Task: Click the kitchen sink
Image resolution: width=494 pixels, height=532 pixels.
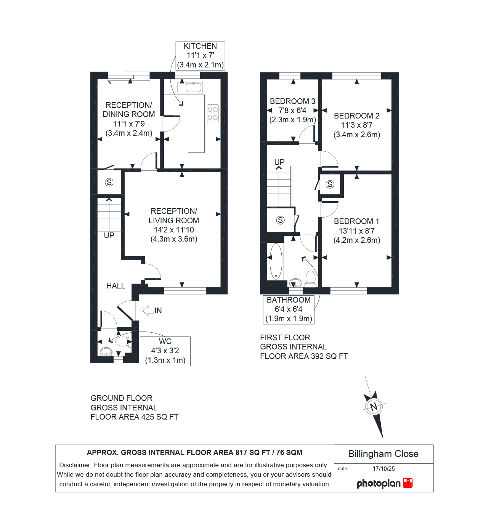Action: point(190,88)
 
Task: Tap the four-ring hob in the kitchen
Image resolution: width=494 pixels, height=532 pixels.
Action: point(213,113)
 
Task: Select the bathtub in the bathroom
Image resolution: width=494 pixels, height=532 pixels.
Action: point(276,261)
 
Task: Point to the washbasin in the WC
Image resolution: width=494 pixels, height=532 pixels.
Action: point(106,351)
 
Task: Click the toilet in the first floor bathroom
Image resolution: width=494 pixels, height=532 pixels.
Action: point(311,278)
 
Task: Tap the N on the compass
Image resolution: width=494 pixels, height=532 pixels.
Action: point(374,407)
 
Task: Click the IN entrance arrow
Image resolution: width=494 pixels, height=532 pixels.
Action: point(152,311)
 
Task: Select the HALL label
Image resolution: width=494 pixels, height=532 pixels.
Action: point(116,286)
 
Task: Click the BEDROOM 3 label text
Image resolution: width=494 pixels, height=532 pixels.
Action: point(292,101)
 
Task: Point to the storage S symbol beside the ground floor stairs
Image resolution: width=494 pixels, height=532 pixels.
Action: point(109,183)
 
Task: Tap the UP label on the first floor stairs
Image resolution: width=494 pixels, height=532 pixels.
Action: point(279,162)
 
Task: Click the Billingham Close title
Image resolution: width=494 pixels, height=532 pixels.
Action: point(383,454)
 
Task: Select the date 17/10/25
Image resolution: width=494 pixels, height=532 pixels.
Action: point(383,468)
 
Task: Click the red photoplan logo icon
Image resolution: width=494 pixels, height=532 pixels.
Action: point(408,483)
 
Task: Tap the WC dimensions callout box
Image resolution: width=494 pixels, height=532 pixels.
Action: point(165,351)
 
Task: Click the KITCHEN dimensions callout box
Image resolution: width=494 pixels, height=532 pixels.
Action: point(200,56)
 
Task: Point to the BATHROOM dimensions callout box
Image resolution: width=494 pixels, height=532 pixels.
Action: point(289,309)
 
